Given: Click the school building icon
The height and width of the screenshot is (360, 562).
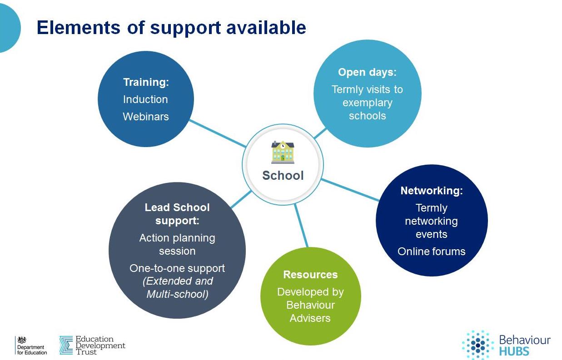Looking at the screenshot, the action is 283,152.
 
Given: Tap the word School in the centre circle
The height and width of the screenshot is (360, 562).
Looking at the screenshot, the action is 283,175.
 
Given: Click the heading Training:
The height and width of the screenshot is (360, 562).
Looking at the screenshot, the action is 146,82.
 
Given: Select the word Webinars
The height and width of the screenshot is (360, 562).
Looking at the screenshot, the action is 146,117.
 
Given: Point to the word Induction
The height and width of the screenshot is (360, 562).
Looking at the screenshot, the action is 145,99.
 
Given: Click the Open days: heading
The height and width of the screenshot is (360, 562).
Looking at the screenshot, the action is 367,72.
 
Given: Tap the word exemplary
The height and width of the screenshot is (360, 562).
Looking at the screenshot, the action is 368,103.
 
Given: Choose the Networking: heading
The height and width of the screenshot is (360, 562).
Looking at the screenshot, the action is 432,191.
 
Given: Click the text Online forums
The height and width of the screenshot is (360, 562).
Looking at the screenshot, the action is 432,251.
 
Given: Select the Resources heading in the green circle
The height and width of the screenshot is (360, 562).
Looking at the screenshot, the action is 310,275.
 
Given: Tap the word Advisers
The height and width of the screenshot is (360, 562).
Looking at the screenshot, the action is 310,318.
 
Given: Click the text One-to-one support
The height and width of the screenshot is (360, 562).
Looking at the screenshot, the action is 177,268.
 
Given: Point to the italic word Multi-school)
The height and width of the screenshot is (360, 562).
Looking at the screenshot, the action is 177,294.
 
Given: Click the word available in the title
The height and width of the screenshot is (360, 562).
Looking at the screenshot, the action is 266,27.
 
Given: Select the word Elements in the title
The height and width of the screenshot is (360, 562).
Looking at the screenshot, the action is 79,27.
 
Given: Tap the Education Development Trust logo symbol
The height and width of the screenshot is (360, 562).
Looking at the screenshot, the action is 66,345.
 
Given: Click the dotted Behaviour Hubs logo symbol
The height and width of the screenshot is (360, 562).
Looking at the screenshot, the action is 478,345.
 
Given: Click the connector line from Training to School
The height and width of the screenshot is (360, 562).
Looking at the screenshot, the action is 217,133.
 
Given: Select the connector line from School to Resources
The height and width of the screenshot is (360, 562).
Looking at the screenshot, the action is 301,225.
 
